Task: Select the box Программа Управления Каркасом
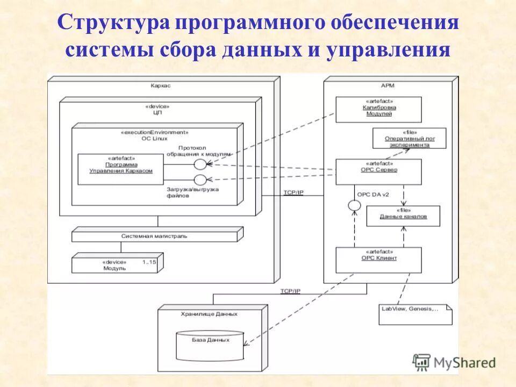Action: pos(120,168)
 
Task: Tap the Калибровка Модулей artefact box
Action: pos(378,109)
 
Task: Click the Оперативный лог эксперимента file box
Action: pos(409,138)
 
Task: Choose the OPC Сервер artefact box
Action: pos(378,171)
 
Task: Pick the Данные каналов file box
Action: pos(403,216)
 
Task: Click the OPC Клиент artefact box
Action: pos(378,260)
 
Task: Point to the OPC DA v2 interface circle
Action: pos(354,205)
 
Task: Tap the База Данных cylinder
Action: pos(210,346)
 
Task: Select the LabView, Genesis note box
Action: pos(415,314)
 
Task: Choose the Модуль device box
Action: pos(118,264)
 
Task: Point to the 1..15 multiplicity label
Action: pos(150,262)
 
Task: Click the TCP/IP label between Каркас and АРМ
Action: pos(293,192)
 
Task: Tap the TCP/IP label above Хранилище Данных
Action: pos(290,291)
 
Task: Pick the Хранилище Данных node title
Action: pos(210,313)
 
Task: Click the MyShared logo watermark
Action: pos(454,362)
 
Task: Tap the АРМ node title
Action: pos(388,85)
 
